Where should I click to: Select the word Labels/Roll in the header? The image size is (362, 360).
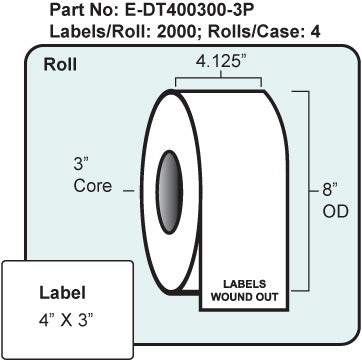click(x=131, y=32)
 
